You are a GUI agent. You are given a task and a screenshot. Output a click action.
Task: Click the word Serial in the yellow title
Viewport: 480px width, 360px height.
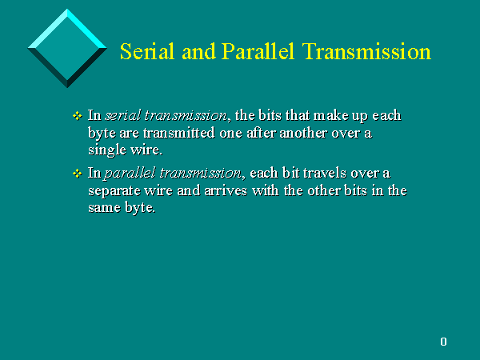coord(147,51)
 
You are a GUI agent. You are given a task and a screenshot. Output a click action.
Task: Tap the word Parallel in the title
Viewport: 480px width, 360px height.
coord(258,51)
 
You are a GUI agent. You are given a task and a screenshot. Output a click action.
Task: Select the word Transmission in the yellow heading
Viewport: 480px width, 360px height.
coord(366,51)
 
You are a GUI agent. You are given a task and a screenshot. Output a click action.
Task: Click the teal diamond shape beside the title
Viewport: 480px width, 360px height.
coord(67,48)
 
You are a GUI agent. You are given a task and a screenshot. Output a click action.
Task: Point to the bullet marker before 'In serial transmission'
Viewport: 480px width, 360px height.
coord(77,116)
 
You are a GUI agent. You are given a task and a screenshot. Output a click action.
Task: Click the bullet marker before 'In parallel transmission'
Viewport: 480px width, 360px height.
coord(77,174)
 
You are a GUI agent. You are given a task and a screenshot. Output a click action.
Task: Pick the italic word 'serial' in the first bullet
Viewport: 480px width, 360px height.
coord(122,115)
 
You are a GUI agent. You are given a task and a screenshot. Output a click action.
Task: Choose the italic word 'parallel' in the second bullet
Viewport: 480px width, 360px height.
coord(130,174)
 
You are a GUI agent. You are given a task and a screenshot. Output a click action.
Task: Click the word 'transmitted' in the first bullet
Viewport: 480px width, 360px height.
coord(178,133)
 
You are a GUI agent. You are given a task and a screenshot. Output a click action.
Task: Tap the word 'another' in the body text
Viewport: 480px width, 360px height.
coord(303,133)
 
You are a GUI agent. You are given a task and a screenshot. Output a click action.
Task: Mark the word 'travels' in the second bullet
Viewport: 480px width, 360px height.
coord(325,174)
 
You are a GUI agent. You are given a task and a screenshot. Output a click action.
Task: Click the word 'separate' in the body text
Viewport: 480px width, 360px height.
coord(114,191)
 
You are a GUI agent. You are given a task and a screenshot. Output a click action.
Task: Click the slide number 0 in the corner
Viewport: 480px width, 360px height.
coord(443,342)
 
